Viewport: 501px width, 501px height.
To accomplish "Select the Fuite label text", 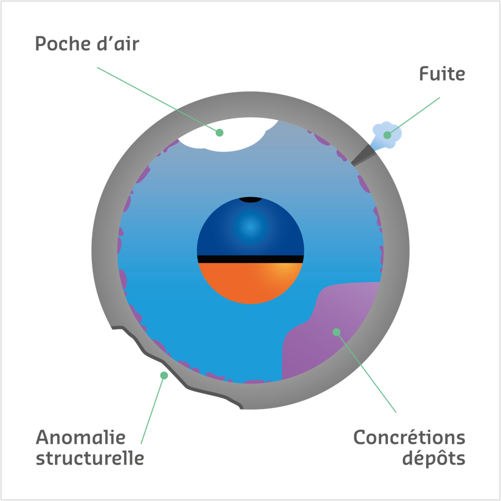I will (442, 74).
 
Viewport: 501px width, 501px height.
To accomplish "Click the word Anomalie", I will (80, 438).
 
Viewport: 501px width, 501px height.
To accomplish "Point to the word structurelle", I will (90, 458).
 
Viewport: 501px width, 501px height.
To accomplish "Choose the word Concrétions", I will (409, 438).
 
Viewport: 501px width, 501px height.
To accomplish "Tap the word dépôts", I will (433, 459).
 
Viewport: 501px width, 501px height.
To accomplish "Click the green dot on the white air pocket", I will (220, 132).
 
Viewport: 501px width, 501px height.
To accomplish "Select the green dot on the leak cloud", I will (387, 135).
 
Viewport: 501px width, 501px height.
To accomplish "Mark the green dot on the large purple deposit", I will (336, 332).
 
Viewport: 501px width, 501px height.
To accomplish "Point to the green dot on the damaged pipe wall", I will (164, 375).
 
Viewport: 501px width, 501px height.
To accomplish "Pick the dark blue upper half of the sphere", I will (250, 227).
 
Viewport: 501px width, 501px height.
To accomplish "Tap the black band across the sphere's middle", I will (250, 258).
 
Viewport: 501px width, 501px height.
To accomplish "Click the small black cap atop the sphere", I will (250, 200).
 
